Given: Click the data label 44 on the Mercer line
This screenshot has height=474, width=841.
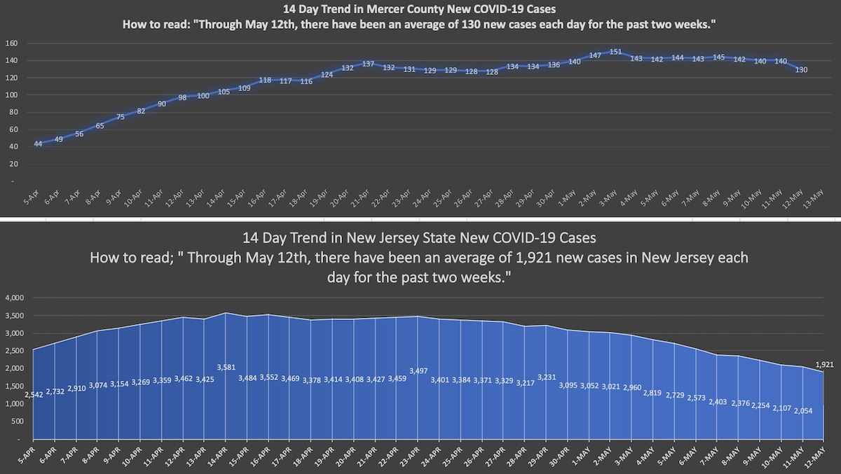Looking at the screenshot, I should coord(38,144).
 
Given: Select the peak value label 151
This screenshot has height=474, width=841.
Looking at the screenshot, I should coord(616,52).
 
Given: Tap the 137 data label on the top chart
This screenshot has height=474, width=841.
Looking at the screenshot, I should coord(368,64).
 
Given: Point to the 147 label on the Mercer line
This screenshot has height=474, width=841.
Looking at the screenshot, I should coord(596,55).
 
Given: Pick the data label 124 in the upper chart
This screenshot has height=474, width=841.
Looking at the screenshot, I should coord(327,75).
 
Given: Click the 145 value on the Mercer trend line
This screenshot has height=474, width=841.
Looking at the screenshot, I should coord(718,57).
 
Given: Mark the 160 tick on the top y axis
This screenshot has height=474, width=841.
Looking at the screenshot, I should coord(11,43).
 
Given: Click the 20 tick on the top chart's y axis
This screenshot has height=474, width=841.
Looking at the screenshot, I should coord(13,164).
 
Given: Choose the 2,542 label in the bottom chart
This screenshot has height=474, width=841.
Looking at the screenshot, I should coord(34,396).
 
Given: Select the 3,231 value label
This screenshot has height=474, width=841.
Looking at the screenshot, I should coord(546,377).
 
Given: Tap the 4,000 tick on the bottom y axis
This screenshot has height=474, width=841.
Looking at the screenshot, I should coord(14,298).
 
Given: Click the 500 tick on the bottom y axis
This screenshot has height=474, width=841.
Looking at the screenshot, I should coord(18,421).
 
